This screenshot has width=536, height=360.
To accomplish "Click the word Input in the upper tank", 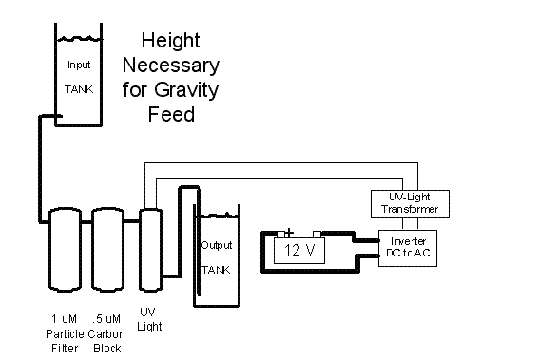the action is click(x=79, y=65).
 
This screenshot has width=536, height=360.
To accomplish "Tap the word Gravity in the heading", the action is click(x=186, y=90).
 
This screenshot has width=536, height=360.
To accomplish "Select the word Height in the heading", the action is click(x=170, y=41).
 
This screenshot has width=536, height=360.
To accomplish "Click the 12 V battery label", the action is click(x=299, y=251).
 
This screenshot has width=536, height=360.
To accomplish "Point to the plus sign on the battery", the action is click(x=289, y=233).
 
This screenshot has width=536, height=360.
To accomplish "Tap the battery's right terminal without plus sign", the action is click(x=316, y=234).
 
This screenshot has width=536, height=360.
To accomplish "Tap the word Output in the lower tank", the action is click(x=217, y=245).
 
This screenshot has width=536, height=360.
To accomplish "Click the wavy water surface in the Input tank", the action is click(x=79, y=39).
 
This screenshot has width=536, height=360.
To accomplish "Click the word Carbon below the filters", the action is click(x=106, y=333).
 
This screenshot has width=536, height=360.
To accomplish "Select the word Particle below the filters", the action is click(x=65, y=333).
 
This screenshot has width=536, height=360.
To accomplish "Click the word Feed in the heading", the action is click(x=172, y=114).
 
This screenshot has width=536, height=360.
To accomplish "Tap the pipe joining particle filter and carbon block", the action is click(x=86, y=222).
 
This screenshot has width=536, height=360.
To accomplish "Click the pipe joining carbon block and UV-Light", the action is click(x=131, y=221).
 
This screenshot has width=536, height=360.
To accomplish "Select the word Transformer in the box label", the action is click(x=410, y=209).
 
